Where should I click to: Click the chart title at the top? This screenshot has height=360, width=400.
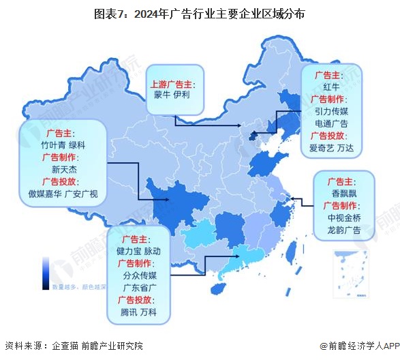pyautogui.click(x=200, y=12)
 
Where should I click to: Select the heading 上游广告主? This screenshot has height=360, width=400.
pyautogui.click(x=171, y=84)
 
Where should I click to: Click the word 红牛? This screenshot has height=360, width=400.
pyautogui.click(x=332, y=87)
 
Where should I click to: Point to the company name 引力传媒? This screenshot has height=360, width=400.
pyautogui.click(x=332, y=112)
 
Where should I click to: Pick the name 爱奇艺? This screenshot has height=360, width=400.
pyautogui.click(x=322, y=148)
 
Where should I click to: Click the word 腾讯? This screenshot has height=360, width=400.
pyautogui.click(x=128, y=312)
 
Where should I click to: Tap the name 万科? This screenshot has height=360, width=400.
pyautogui.click(x=151, y=312)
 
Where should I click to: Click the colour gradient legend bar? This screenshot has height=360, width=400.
pyautogui.click(x=45, y=272)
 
